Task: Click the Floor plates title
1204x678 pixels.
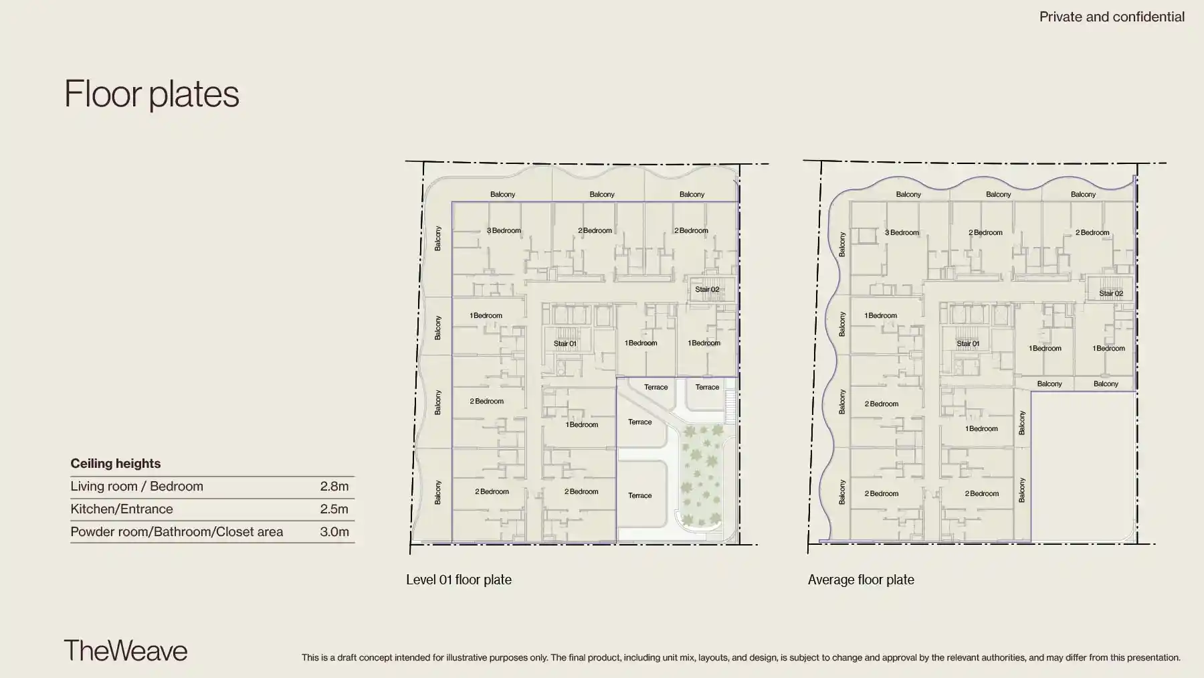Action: tap(152, 94)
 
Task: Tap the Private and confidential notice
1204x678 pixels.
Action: tap(1112, 17)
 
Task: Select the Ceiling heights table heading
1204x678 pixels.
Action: tap(116, 463)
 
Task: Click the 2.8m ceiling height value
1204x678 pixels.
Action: tap(334, 487)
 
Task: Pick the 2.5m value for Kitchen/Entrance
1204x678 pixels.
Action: tap(334, 509)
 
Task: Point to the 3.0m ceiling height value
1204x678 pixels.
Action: tap(334, 532)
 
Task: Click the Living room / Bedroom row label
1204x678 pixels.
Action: tap(136, 487)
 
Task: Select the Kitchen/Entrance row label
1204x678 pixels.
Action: tap(122, 509)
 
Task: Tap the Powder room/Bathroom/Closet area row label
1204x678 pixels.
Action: tap(177, 532)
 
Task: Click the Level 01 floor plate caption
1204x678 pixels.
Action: tap(459, 580)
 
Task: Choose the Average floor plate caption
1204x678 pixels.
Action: tap(861, 580)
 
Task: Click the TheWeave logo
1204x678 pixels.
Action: tap(126, 651)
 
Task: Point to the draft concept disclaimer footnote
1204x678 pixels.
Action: tap(741, 657)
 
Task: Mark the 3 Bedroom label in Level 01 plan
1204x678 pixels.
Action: tap(504, 230)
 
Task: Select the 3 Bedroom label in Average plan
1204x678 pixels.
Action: tap(902, 232)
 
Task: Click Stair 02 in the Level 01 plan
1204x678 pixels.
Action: tap(707, 289)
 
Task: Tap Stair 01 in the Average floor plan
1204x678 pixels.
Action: tap(968, 343)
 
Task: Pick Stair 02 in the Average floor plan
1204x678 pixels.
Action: tap(1111, 293)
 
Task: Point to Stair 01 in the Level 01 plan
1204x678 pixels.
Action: tap(565, 343)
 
